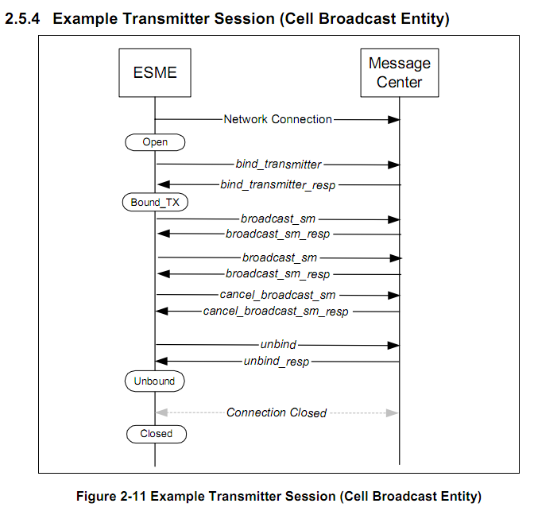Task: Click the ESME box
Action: [155, 73]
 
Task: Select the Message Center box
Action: [399, 72]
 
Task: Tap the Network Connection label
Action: [278, 119]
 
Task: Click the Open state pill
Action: [155, 142]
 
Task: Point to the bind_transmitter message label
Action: [278, 165]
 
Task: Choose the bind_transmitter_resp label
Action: [278, 185]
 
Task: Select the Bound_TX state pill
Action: [155, 203]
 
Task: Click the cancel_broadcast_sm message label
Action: [277, 295]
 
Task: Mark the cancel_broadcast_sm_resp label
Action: [276, 312]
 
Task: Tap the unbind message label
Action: [278, 345]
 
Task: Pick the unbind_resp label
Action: [276, 362]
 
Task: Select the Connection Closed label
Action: [276, 412]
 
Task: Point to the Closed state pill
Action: [156, 434]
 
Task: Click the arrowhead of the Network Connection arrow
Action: [393, 119]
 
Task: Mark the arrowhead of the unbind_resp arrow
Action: [162, 362]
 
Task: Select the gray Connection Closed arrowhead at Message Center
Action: [392, 412]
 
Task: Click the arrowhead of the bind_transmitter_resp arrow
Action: [163, 185]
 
